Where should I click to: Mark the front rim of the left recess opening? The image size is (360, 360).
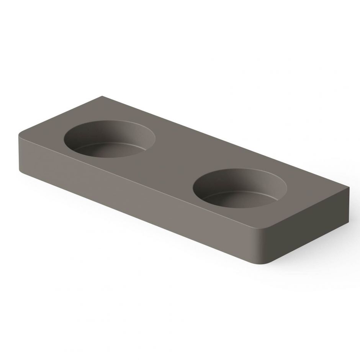(x=115, y=157)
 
